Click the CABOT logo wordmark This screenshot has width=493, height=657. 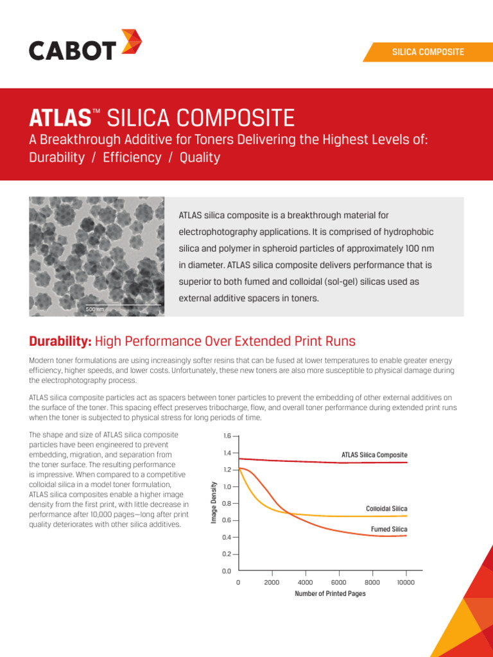point(73,50)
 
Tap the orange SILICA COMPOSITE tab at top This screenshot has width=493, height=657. point(428,52)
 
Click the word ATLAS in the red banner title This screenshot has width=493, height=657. point(60,118)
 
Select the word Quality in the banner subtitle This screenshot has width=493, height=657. point(200,158)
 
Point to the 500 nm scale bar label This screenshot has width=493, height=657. point(94,310)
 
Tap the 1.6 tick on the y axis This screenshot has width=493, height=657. point(227,436)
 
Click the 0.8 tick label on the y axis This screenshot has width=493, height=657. point(227,504)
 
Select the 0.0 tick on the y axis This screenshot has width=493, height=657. point(227,571)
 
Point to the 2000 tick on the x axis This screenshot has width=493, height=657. point(272,583)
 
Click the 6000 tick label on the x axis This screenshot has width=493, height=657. point(339,583)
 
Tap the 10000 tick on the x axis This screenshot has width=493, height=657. point(406,583)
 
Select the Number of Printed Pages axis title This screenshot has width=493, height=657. point(330,594)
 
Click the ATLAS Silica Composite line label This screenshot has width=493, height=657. point(374,455)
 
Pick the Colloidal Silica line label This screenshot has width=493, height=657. point(386,509)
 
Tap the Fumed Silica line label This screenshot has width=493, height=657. point(389,529)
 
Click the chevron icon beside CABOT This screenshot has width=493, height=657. point(131,43)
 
